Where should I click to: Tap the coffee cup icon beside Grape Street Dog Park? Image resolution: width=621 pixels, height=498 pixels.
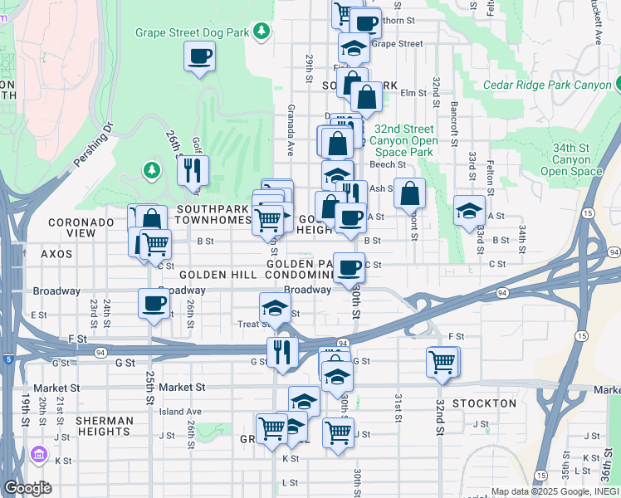[200, 56]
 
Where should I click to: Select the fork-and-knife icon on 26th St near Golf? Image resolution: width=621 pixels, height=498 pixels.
[193, 171]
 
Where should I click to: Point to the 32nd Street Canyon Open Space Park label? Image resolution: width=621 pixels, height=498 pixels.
[403, 140]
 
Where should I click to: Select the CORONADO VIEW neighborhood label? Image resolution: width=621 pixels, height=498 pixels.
[81, 228]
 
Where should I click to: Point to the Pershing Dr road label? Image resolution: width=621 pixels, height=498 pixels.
[97, 144]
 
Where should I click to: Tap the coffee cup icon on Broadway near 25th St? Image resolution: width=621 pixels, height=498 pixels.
[154, 304]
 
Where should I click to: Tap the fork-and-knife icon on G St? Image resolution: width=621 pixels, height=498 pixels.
[282, 352]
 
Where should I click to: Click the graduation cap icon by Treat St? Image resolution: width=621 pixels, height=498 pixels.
[275, 308]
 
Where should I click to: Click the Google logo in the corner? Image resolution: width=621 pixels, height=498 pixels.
[27, 488]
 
